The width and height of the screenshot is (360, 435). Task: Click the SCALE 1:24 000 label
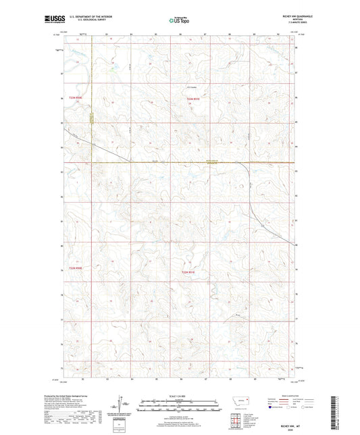pos(179,395)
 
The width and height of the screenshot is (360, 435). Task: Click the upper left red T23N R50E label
pos(75,99)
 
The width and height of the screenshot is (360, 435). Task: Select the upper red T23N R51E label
pos(194,99)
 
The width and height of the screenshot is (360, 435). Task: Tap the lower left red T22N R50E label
pos(75,268)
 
